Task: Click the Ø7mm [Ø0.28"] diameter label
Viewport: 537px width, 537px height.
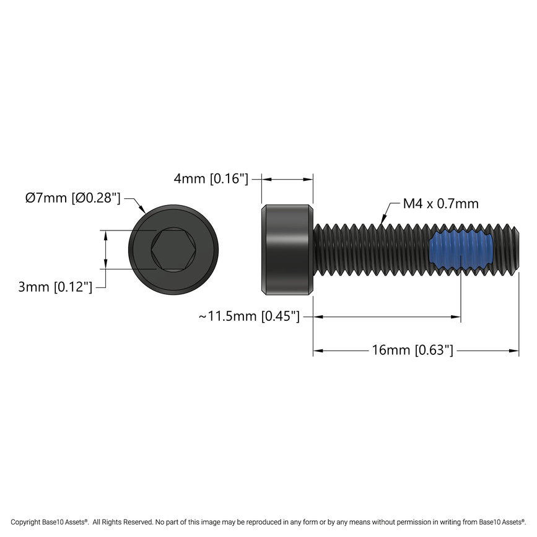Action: [72, 198]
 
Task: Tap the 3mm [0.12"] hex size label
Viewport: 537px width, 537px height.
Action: [55, 287]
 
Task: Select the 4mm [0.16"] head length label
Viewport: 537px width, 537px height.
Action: [211, 179]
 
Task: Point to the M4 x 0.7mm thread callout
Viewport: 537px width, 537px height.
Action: [440, 204]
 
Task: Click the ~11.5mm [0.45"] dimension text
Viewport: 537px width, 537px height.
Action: [250, 317]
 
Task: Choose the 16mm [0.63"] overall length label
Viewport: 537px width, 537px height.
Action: [413, 350]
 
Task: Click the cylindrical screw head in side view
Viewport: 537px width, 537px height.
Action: [287, 250]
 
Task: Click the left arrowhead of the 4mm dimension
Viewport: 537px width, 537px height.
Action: [266, 179]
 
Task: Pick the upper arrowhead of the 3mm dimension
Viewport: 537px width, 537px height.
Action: [106, 235]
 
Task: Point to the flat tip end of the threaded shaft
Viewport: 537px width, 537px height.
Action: [518, 250]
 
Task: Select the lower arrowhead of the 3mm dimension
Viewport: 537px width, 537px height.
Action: [106, 265]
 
